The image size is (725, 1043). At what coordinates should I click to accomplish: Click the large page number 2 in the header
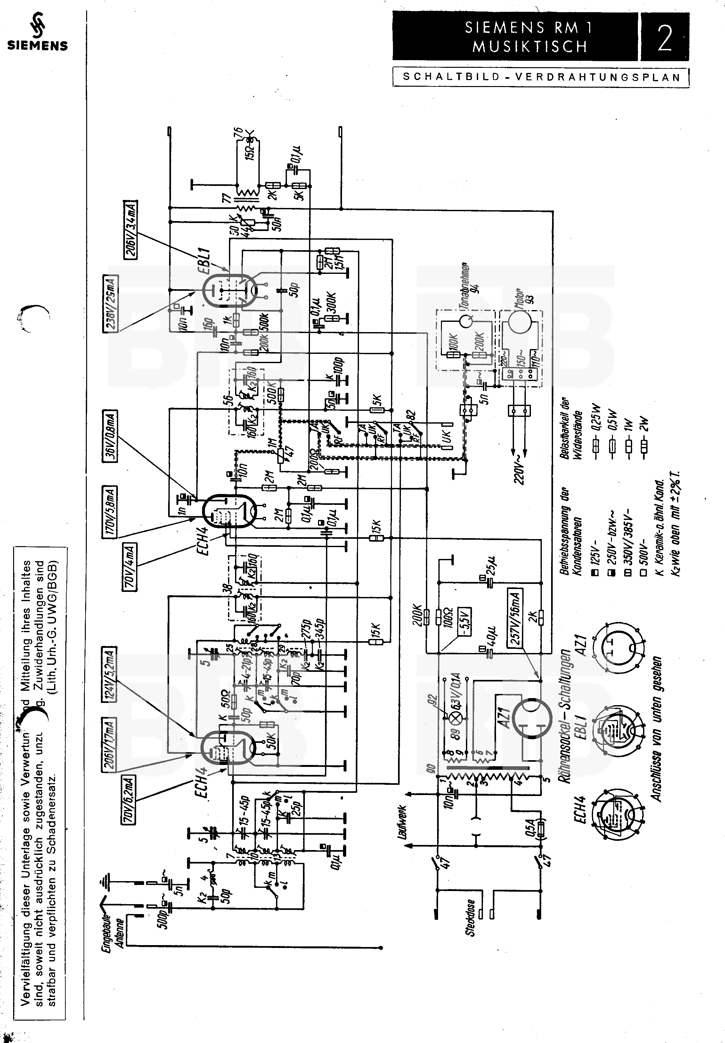point(664,38)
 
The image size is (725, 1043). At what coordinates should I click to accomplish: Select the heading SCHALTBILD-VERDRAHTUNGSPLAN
point(542,77)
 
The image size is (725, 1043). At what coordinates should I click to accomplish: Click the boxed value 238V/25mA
point(111,304)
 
